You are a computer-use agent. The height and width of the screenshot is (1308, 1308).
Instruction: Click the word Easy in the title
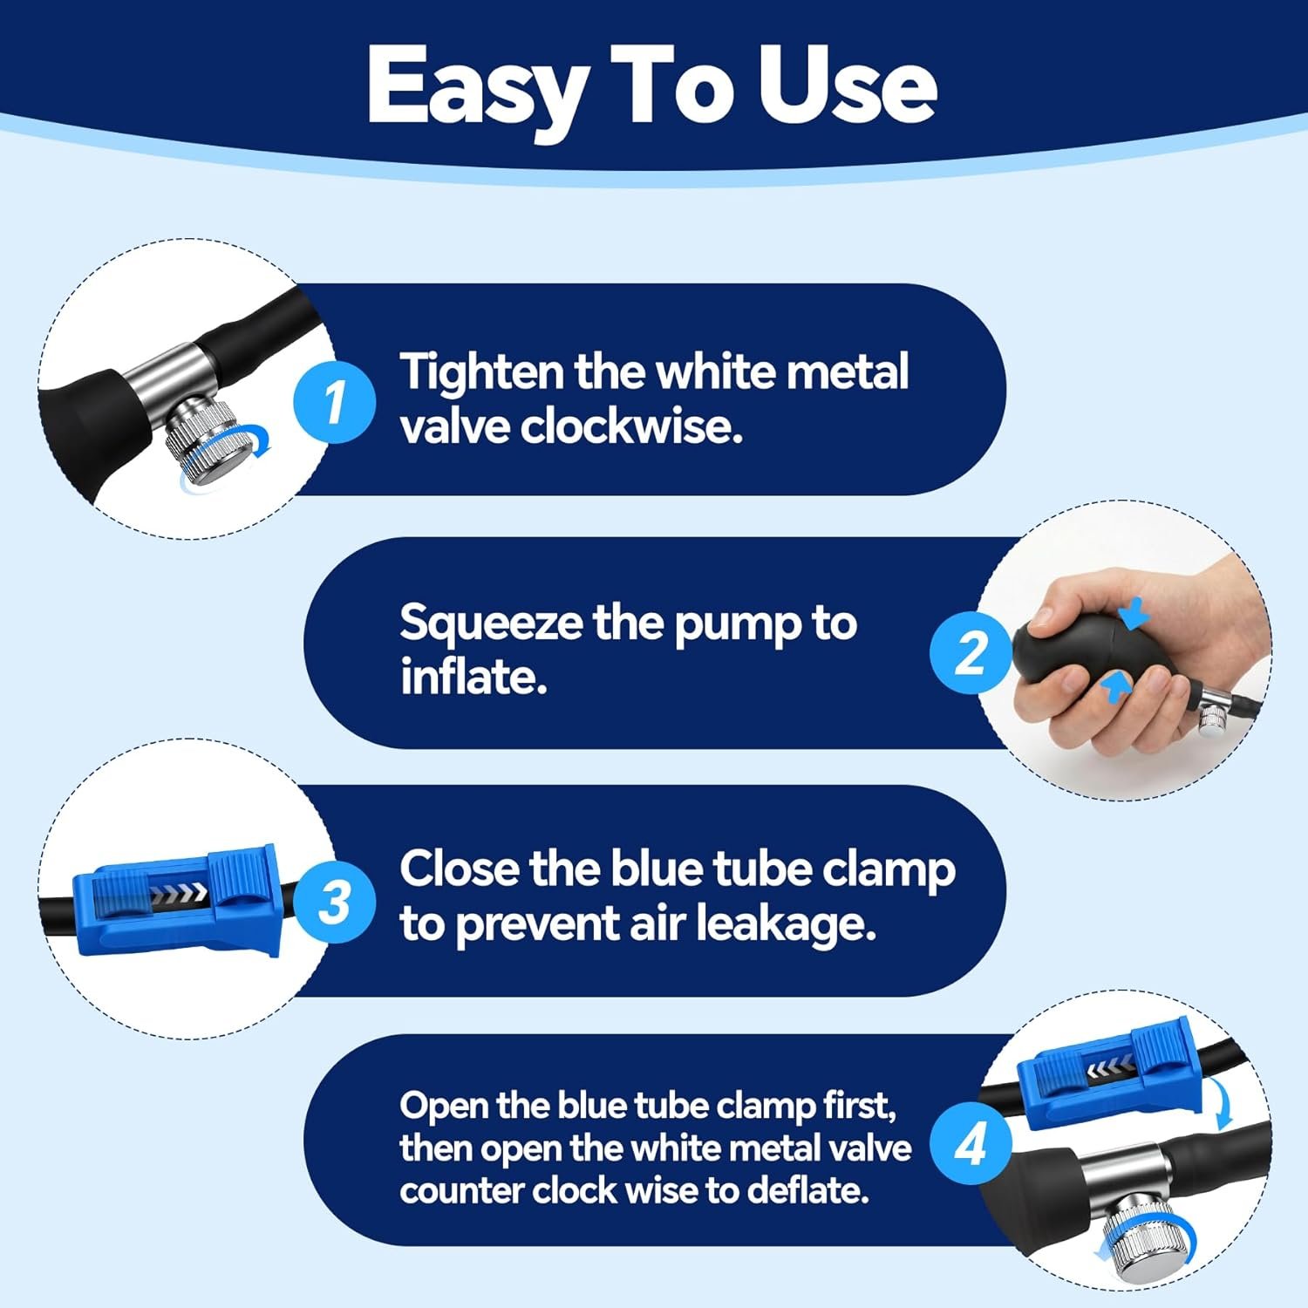(475, 87)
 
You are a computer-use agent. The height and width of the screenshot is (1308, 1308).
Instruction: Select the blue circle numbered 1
(334, 403)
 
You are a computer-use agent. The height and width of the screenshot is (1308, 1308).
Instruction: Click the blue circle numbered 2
(971, 651)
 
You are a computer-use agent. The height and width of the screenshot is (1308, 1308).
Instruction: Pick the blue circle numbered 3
(334, 902)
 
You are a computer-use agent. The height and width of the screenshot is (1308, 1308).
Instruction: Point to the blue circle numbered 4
(971, 1143)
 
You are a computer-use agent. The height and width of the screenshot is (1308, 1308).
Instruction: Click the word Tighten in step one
(482, 374)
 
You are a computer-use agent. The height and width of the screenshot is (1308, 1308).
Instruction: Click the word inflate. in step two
(473, 676)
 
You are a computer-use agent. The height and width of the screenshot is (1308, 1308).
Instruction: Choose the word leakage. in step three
(786, 925)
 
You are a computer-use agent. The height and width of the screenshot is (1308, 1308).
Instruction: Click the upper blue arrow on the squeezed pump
(1131, 614)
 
